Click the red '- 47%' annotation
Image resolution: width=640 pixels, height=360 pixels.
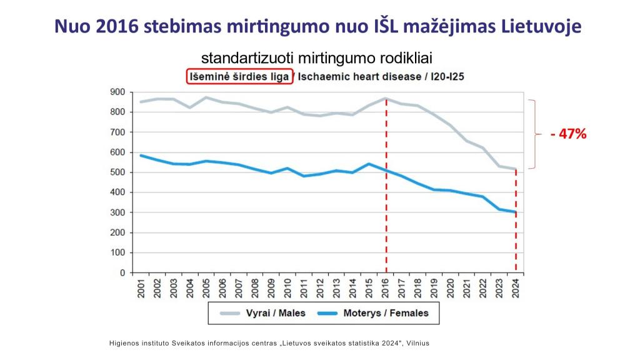pyautogui.click(x=568, y=134)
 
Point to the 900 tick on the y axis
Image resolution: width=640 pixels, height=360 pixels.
pyautogui.click(x=117, y=92)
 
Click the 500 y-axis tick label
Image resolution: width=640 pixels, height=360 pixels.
pyautogui.click(x=117, y=172)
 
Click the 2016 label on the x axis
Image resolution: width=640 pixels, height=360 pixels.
pyautogui.click(x=385, y=288)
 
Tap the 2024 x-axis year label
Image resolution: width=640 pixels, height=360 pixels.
pyautogui.click(x=516, y=288)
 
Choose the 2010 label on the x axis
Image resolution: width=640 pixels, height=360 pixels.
pyautogui.click(x=287, y=288)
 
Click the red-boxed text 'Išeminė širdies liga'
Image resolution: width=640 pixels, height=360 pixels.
pyautogui.click(x=239, y=77)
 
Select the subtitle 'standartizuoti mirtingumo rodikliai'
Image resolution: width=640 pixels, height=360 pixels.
pyautogui.click(x=317, y=58)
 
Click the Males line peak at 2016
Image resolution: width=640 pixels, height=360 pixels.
pyautogui.click(x=386, y=99)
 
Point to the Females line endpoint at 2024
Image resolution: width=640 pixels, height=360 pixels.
pyautogui.click(x=516, y=212)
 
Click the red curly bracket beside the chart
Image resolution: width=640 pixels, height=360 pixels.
pyautogui.click(x=533, y=134)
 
